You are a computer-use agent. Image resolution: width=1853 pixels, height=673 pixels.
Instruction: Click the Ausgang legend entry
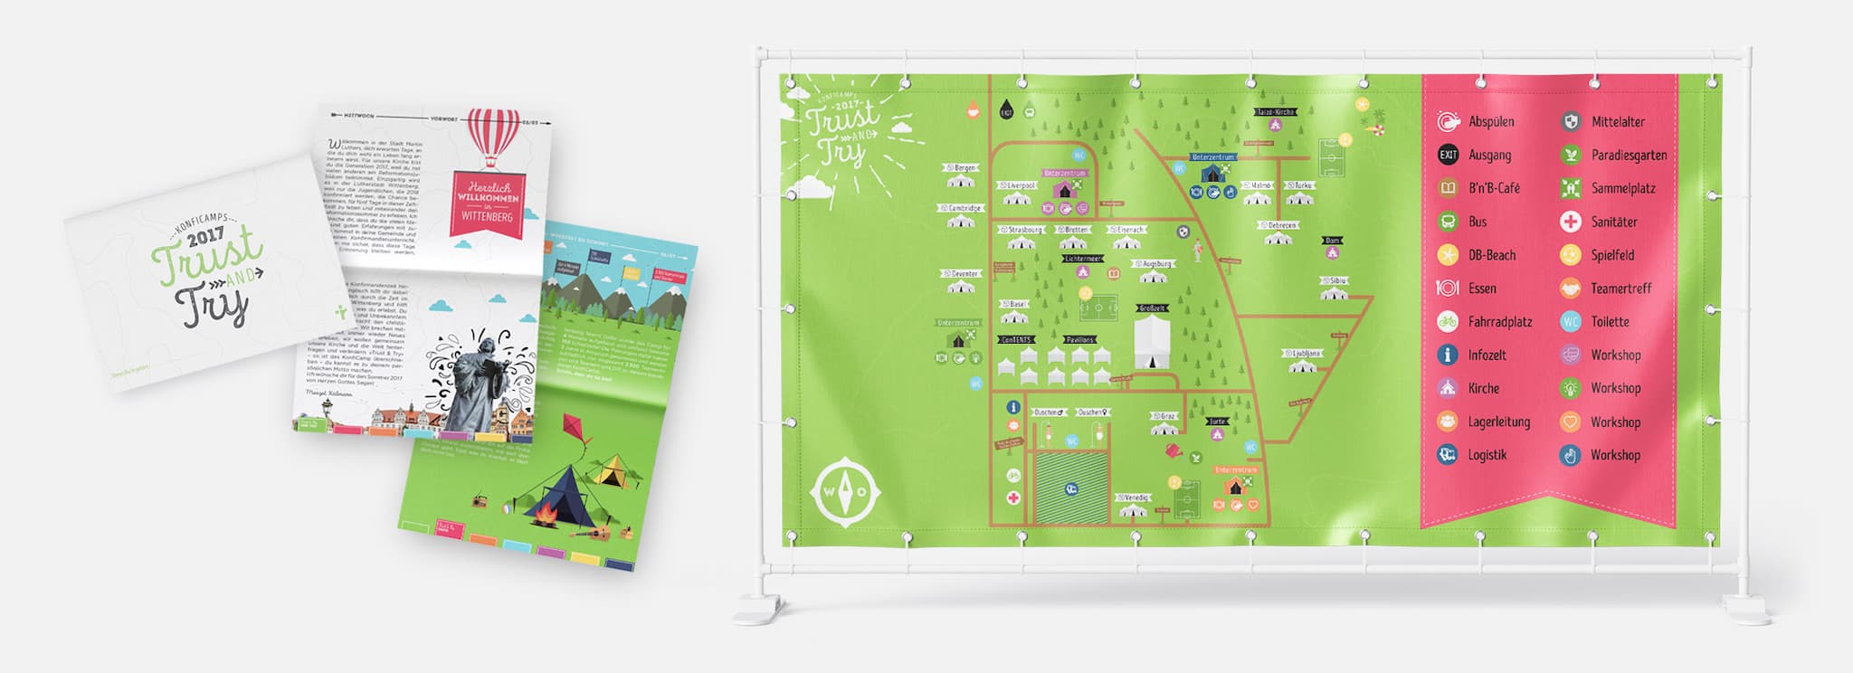coord(1489,155)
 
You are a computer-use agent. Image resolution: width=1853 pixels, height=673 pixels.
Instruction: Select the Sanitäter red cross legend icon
coord(1571,222)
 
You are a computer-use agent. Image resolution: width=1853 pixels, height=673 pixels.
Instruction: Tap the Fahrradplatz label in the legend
coord(1500,321)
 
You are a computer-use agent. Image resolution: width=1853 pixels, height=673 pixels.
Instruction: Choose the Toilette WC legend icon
coord(1571,321)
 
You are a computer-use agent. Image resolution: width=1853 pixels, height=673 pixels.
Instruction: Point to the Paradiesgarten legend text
coord(1629,155)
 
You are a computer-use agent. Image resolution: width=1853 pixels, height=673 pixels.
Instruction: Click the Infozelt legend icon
coord(1448,355)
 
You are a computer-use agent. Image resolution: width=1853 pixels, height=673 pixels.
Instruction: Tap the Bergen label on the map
coord(965,168)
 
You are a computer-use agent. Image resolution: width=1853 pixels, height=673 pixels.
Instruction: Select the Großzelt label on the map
coord(1152,308)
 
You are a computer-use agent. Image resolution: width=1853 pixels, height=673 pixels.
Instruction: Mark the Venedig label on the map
coord(1135,498)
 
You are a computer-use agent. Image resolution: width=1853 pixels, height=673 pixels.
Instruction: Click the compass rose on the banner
coord(845,492)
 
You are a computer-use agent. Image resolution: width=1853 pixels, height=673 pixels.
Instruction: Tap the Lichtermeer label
coord(1083,259)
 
